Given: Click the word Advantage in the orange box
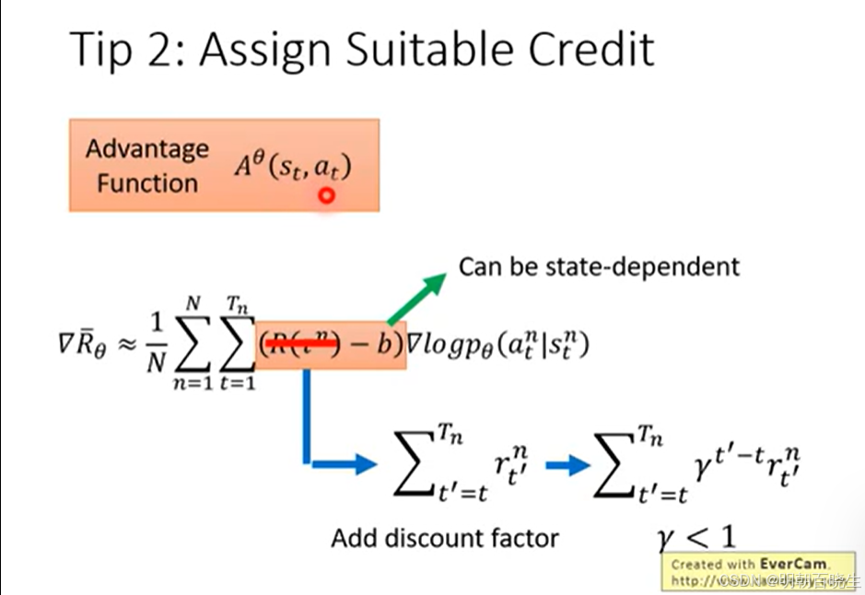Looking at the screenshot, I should [x=147, y=148].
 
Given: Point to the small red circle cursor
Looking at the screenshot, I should [x=325, y=194].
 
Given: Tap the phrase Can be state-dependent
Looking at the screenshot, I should [x=599, y=266].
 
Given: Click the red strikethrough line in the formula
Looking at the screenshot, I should [x=299, y=345].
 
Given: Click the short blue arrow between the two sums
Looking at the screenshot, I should [x=566, y=465].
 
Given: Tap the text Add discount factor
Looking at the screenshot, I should [x=445, y=537].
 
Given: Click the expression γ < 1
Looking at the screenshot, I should [x=696, y=537].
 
